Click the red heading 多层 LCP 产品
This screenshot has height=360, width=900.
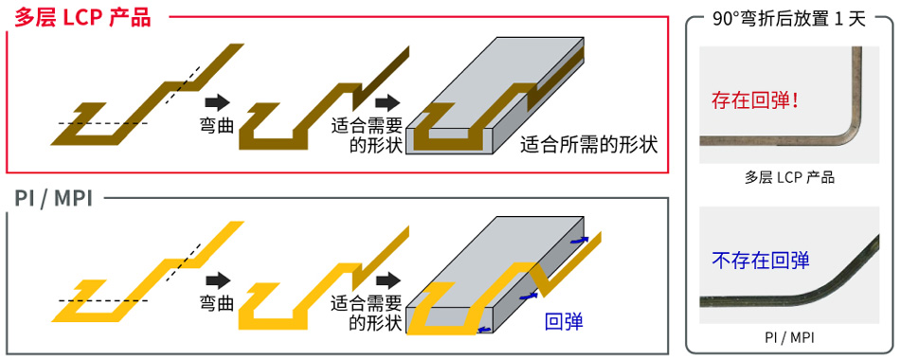83,16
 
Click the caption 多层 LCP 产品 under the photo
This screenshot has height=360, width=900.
789,177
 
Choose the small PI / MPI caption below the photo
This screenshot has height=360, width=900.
789,336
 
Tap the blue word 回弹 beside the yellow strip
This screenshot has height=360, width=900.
564,321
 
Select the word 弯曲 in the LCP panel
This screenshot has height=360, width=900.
217,125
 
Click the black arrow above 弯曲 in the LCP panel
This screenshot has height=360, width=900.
217,102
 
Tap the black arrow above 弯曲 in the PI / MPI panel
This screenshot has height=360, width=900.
217,279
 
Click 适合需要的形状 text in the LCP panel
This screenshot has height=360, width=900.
368,135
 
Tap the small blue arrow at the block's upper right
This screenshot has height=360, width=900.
579,241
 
